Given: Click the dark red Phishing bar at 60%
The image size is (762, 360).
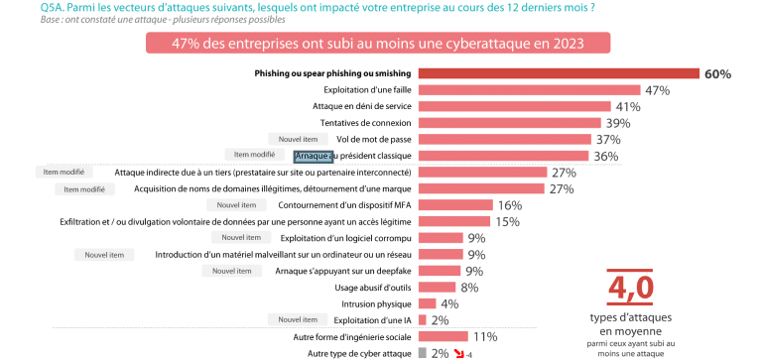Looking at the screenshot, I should click(561, 73).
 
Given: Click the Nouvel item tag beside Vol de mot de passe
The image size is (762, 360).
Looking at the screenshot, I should click(297, 139).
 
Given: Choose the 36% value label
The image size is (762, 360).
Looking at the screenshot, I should click(605, 156).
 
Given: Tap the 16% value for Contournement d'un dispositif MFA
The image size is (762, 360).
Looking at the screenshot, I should click(509, 204).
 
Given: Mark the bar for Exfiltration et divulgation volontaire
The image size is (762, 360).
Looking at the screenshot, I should click(454, 221).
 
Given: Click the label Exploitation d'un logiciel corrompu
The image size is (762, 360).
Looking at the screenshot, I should click(346, 238).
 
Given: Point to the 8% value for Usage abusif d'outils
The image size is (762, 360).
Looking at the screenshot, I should click(469, 287).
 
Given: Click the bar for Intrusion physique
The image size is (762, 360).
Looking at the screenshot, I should click(427, 303).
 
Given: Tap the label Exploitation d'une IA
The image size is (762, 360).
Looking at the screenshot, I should click(373, 319).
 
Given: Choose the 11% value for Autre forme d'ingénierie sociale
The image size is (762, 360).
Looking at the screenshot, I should click(484, 336).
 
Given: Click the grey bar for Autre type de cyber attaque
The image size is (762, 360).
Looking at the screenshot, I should click(423, 352).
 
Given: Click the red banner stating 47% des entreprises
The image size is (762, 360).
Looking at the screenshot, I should click(378, 44).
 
